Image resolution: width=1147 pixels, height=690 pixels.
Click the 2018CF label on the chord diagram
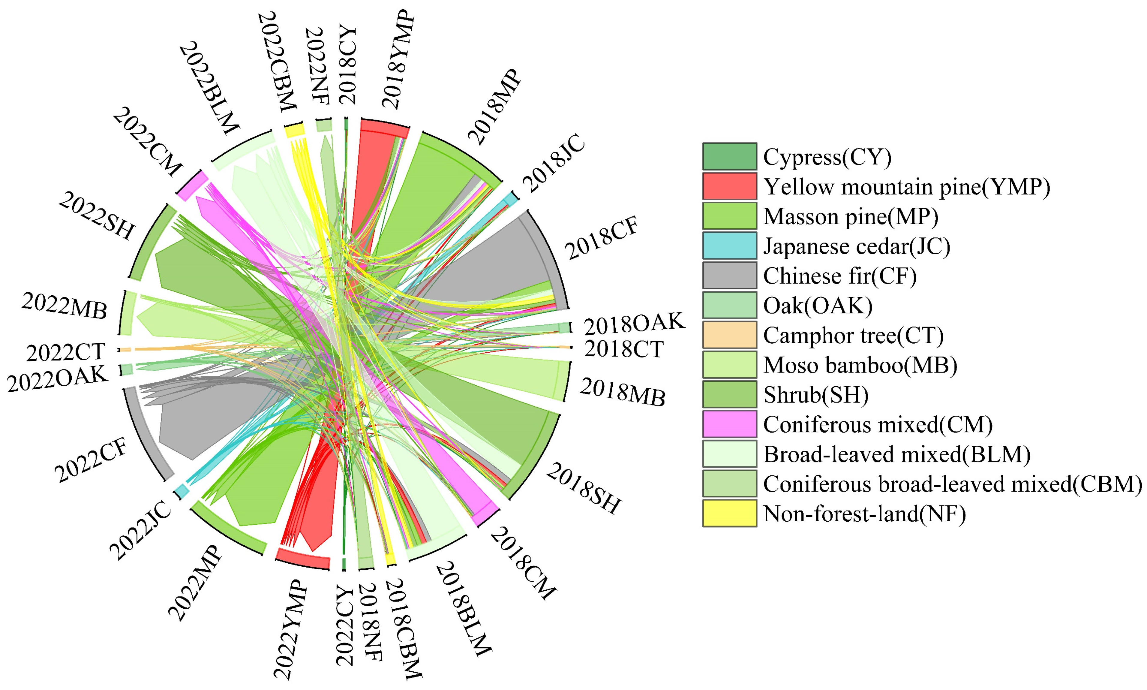[x=602, y=238]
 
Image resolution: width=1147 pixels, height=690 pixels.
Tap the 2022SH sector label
[x=97, y=216]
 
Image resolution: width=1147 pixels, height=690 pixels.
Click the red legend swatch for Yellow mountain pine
[x=729, y=186]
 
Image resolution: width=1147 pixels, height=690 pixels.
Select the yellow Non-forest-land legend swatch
[x=729, y=513]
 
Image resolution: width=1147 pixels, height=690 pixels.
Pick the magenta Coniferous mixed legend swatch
[x=729, y=424]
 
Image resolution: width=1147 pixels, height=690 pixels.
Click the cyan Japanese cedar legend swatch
[x=729, y=246]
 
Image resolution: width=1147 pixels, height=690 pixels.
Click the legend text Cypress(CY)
[x=827, y=157]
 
